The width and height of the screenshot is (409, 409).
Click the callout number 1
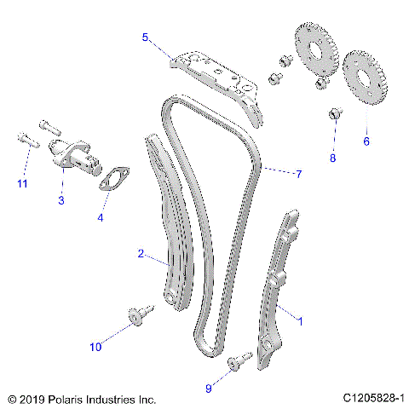click(x=299, y=320)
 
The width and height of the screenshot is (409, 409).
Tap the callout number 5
click(x=145, y=37)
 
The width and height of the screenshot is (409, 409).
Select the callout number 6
click(x=366, y=141)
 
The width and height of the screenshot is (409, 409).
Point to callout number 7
click(x=298, y=175)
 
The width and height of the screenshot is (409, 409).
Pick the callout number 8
click(x=333, y=158)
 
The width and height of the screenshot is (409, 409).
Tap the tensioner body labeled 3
click(x=70, y=153)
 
